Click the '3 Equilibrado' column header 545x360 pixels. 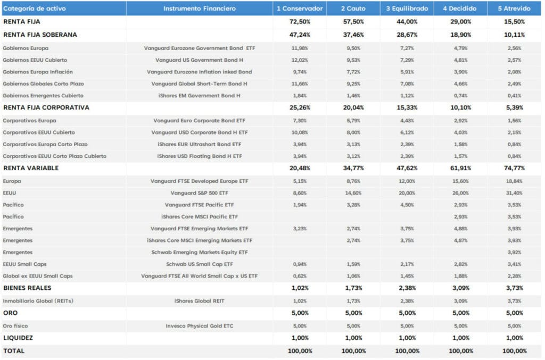point(407,9)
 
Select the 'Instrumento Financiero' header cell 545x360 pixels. point(199,9)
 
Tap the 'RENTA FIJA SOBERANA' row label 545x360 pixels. point(40,35)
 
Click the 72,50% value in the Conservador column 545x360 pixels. point(300,21)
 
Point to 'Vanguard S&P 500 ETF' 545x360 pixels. point(199,193)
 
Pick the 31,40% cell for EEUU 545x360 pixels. point(514,193)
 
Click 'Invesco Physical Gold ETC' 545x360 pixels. point(199,326)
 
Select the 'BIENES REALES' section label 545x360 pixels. point(27,288)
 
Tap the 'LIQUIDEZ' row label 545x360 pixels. point(18,338)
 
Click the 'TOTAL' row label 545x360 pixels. point(14,351)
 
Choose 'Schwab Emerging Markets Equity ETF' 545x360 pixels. point(199,253)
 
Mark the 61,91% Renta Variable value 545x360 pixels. point(460,168)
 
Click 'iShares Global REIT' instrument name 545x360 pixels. point(199,301)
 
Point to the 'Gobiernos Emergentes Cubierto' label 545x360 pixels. point(43,96)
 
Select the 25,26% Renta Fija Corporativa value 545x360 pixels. point(300,107)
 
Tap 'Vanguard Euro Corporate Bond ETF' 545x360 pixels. point(199,121)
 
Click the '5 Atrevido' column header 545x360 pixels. point(514,9)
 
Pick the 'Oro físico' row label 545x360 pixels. point(15,326)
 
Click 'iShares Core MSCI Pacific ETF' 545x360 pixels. point(199,216)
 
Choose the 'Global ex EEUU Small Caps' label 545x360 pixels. point(38,276)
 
